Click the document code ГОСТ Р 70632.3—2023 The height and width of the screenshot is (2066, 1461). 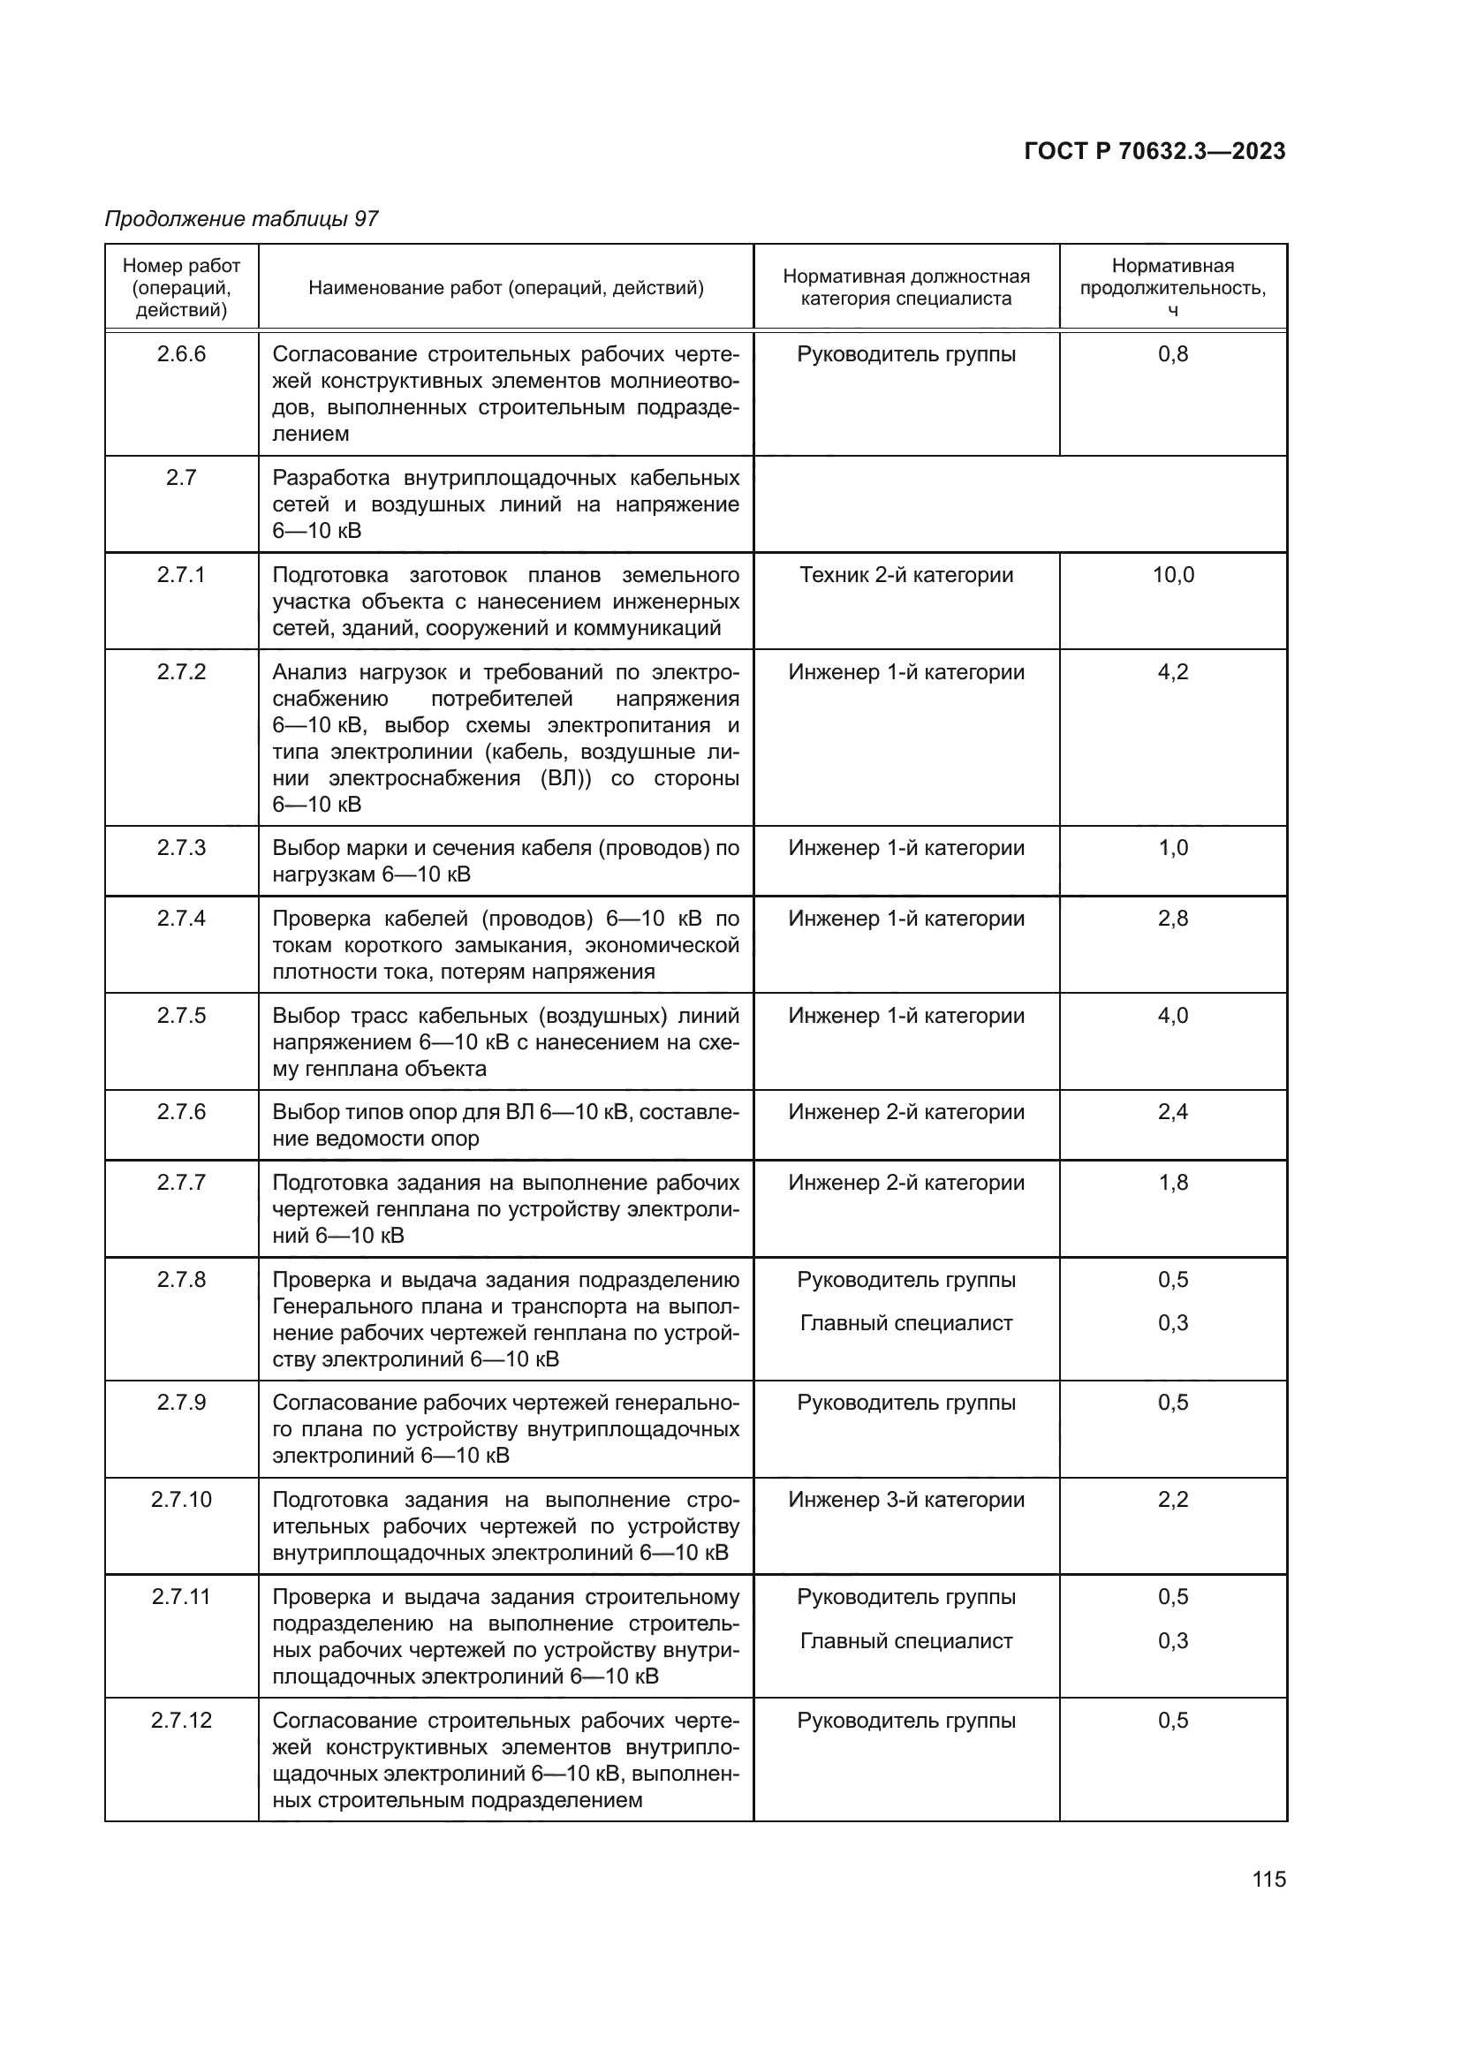click(x=1154, y=151)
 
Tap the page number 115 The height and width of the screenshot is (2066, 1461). click(x=1268, y=1879)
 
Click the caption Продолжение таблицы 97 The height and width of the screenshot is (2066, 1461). click(x=241, y=219)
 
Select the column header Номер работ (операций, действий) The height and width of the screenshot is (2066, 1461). click(x=182, y=288)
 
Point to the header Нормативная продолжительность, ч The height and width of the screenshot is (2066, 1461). click(x=1173, y=288)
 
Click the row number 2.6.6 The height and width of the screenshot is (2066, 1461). click(x=182, y=354)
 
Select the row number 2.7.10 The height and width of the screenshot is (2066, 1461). click(x=182, y=1499)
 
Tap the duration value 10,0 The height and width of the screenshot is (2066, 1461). click(x=1173, y=575)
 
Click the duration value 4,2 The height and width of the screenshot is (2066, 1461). click(x=1173, y=672)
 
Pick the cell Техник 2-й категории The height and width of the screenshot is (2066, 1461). click(x=906, y=575)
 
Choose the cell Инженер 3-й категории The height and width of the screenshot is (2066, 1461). click(x=906, y=1499)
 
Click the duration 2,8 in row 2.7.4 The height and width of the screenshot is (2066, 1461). click(x=1173, y=919)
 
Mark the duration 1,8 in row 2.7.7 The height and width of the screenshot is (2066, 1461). click(x=1173, y=1183)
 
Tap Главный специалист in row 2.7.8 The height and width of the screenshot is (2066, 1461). click(x=906, y=1323)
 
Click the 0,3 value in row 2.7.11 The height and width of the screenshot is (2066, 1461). click(x=1173, y=1640)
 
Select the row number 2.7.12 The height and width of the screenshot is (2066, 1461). click(x=182, y=1721)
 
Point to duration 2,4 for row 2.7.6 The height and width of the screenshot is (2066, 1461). click(x=1173, y=1112)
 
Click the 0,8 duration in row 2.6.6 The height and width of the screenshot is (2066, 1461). click(x=1173, y=354)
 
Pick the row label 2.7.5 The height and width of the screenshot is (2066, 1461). click(x=182, y=1016)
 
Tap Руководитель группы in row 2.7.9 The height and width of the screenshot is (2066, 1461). click(x=906, y=1402)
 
